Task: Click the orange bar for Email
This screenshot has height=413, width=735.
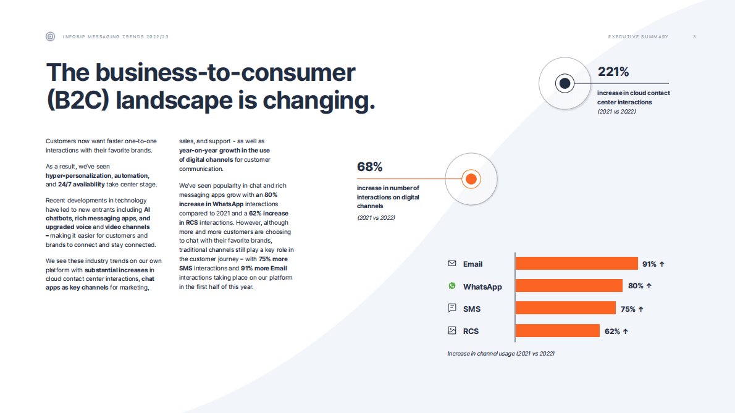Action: (576, 263)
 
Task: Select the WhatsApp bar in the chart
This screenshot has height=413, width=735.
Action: (569, 286)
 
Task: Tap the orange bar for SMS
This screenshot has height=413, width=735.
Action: (565, 307)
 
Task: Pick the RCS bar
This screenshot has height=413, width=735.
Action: (557, 331)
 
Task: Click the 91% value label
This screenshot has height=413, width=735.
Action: (649, 264)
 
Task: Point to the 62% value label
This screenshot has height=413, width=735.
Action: (612, 332)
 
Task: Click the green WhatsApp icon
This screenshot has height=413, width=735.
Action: (452, 286)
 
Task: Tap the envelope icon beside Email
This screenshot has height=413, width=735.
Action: (452, 263)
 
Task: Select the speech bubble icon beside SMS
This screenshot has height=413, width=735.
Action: (452, 307)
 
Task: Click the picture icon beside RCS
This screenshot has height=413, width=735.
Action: (452, 331)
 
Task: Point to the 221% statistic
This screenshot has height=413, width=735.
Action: (613, 72)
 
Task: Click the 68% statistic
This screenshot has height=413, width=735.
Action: (369, 167)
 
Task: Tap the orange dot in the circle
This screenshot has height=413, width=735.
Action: (471, 179)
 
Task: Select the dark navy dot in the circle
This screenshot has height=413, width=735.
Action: (565, 83)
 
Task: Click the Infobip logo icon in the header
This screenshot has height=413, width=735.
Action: (50, 36)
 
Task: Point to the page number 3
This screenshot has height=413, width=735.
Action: (694, 36)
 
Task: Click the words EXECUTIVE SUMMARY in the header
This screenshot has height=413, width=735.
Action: (638, 36)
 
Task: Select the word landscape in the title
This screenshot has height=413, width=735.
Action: (174, 100)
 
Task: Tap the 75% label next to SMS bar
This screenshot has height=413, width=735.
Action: (628, 309)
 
